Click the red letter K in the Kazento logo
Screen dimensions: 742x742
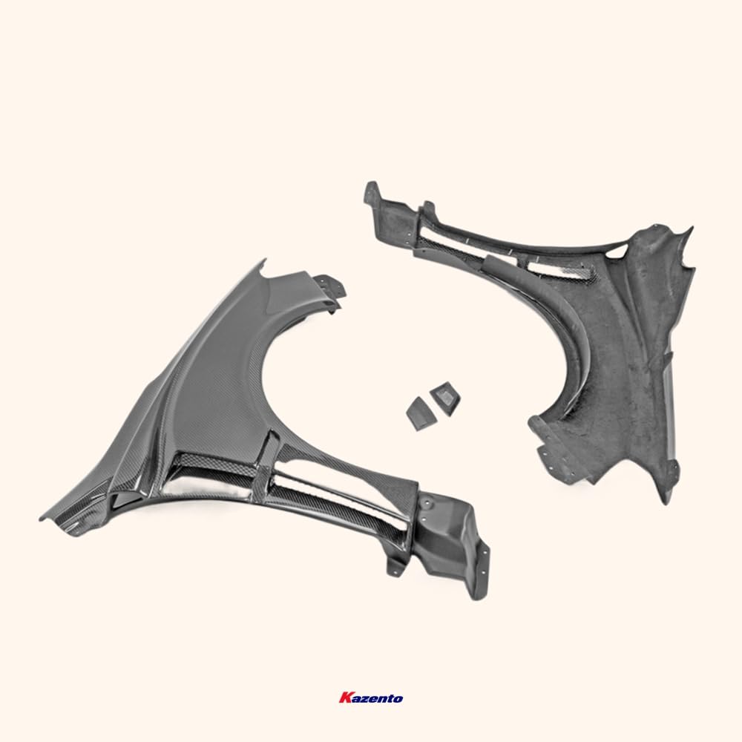(344, 698)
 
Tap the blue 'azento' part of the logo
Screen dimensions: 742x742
(377, 698)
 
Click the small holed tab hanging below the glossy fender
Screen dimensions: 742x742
(394, 565)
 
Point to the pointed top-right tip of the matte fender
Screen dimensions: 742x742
(689, 229)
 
